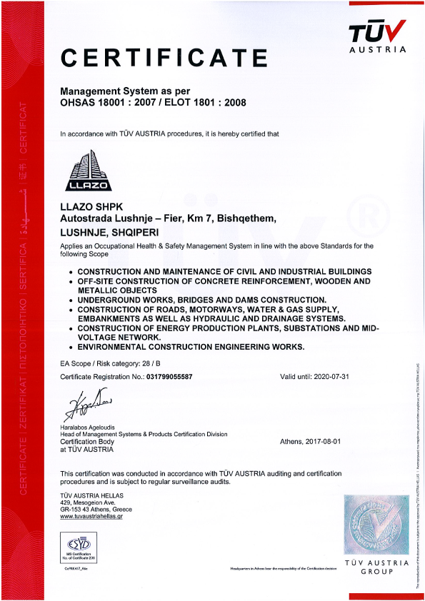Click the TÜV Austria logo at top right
(377, 36)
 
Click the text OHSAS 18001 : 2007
(106, 103)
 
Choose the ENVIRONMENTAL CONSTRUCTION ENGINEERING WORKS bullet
(191, 347)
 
